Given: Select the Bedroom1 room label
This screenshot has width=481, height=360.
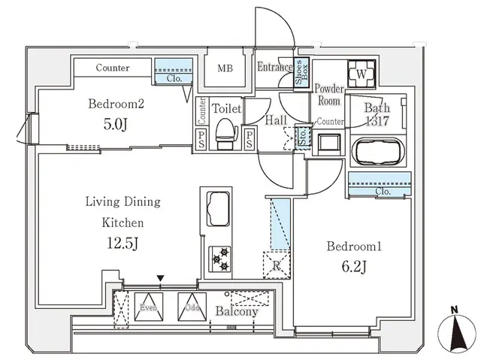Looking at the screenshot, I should coord(352,246).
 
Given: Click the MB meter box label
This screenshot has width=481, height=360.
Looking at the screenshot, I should coord(225,68).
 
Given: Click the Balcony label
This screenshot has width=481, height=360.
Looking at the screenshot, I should coord(237,311).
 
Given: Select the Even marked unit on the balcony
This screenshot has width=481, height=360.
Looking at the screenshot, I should coord(146,307).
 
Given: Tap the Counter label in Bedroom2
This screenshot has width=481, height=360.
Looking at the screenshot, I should coord(112,68).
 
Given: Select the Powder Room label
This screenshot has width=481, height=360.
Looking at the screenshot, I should coord(328,94).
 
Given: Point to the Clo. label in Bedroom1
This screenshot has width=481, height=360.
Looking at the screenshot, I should coord(383,191).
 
